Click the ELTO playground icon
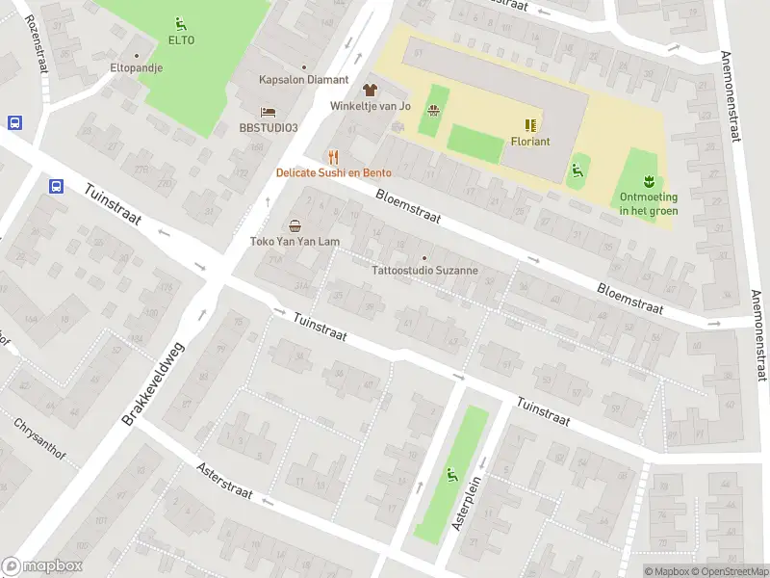click(180, 24)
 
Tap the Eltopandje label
click(136, 68)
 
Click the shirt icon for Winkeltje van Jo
click(371, 89)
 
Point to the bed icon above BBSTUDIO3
click(269, 112)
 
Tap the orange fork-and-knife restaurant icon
click(333, 157)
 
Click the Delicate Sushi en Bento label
click(333, 173)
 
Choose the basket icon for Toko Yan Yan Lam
click(295, 225)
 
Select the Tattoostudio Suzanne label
click(424, 271)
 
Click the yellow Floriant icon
click(530, 124)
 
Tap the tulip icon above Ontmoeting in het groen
click(649, 180)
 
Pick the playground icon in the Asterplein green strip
click(450, 473)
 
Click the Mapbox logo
click(41, 566)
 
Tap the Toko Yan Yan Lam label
click(294, 242)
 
